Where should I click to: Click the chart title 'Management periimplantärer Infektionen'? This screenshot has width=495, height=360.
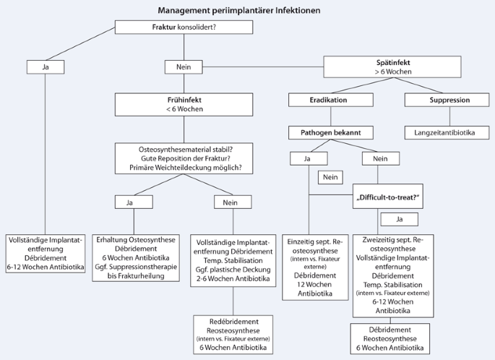pyautogui.click(x=239, y=11)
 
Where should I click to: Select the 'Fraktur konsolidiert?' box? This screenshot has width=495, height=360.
pyautogui.click(x=184, y=27)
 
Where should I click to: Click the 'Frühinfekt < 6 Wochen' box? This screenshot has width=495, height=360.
pyautogui.click(x=184, y=104)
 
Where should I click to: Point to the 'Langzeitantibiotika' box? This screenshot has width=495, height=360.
pyautogui.click(x=444, y=132)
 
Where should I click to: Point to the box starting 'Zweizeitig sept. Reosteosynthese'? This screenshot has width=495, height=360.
pyautogui.click(x=392, y=275)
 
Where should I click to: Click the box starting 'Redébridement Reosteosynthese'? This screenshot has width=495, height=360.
pyautogui.click(x=233, y=333)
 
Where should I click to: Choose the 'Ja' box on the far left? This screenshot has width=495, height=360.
pyautogui.click(x=46, y=67)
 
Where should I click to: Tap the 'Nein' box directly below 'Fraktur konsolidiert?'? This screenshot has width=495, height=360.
pyautogui.click(x=184, y=67)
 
